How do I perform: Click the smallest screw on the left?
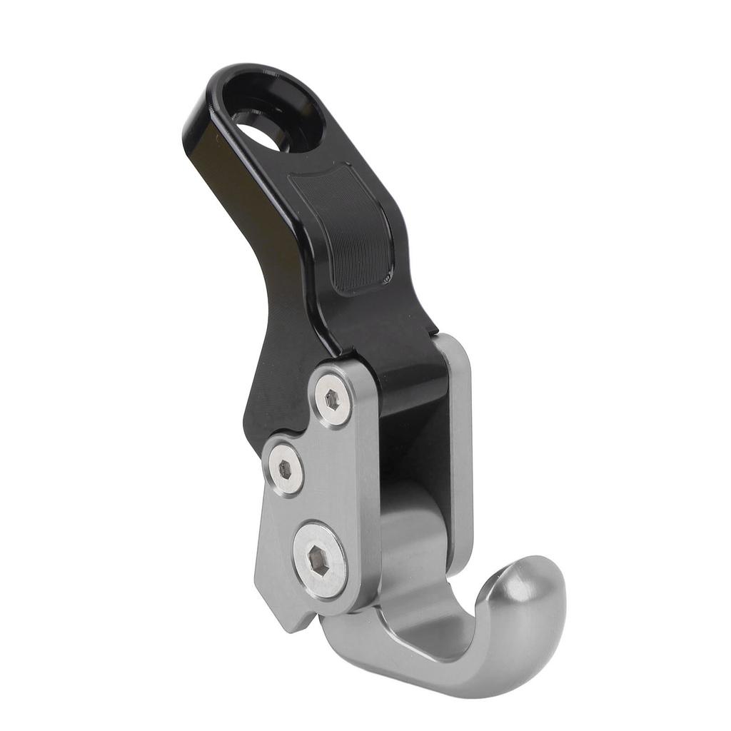click(285, 468)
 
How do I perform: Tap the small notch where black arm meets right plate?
click(435, 333)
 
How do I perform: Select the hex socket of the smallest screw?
click(285, 469)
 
